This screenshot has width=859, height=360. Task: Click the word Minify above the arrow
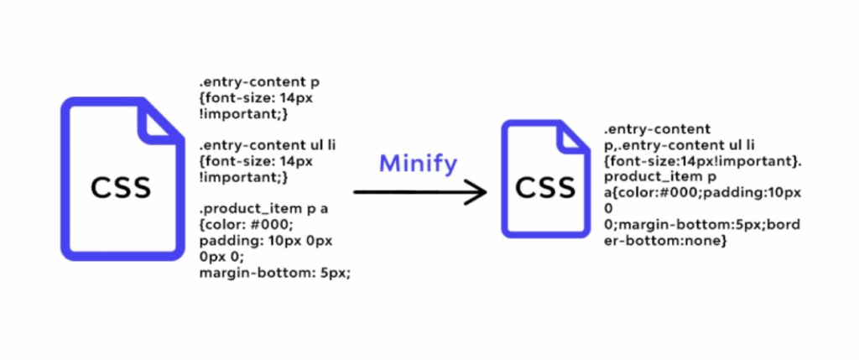click(418, 164)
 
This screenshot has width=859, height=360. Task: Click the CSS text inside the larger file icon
click(121, 186)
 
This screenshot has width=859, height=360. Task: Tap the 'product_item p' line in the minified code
click(654, 177)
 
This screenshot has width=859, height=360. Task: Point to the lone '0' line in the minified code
click(608, 209)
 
